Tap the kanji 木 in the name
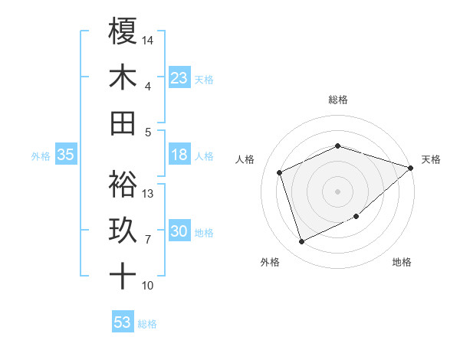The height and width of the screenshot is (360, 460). click(x=123, y=78)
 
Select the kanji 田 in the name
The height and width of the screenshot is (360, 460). click(x=123, y=124)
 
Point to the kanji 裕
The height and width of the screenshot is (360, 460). click(x=123, y=184)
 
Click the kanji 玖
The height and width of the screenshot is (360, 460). click(x=123, y=231)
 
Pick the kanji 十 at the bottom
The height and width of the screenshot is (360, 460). click(x=123, y=277)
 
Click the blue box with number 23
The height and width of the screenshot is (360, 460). click(x=179, y=78)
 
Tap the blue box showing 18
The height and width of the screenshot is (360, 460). click(x=179, y=155)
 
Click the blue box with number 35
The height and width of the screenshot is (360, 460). click(x=66, y=155)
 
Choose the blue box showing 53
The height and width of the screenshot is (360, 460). click(x=123, y=322)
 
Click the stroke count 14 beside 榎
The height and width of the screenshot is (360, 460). click(x=148, y=39)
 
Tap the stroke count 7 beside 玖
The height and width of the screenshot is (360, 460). click(x=147, y=240)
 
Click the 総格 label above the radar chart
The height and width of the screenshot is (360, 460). click(x=338, y=100)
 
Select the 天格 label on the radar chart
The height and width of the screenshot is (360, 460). click(x=431, y=159)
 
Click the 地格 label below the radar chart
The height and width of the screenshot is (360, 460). click(x=402, y=263)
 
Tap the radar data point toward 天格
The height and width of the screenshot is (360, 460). click(x=410, y=168)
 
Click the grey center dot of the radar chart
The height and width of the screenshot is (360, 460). click(x=338, y=191)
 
